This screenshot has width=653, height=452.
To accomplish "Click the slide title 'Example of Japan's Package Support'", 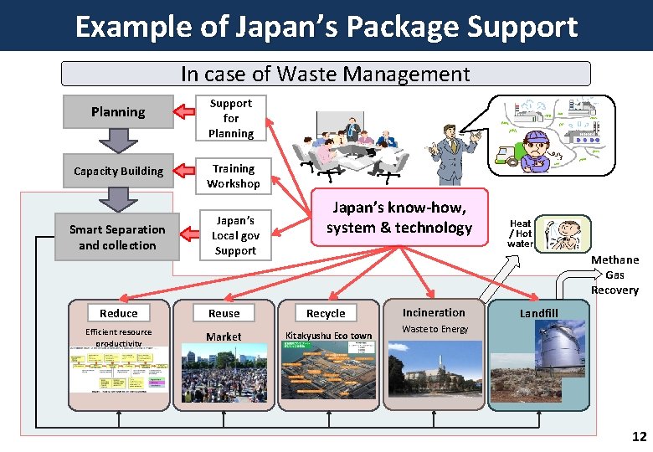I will (x=326, y=26).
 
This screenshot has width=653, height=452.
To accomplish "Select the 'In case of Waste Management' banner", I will (x=326, y=74).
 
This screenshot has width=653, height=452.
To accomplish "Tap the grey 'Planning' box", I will (x=118, y=112).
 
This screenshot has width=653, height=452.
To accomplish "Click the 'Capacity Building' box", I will (x=118, y=171).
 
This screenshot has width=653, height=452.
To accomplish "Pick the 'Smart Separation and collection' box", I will (x=117, y=237).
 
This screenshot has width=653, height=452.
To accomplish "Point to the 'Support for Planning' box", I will (x=231, y=118).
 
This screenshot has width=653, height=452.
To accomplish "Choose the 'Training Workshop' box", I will (x=234, y=176).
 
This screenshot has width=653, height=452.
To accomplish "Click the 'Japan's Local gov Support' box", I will (x=235, y=235).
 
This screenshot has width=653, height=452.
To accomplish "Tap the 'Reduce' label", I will (x=118, y=313).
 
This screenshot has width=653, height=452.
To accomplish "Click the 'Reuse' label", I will (x=224, y=313).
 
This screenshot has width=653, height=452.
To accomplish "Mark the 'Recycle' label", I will (x=326, y=313).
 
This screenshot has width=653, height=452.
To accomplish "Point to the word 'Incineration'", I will (x=434, y=312).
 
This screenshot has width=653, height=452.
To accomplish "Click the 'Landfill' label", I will (x=538, y=313).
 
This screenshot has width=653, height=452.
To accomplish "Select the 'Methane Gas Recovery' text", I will (x=614, y=275).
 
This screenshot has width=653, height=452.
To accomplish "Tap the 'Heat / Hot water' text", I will (x=520, y=234).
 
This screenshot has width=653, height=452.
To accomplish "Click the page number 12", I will (x=639, y=436).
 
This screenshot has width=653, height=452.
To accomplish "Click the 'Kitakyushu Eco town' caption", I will (x=328, y=336).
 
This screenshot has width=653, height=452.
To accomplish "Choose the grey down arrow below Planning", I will (x=118, y=141).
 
